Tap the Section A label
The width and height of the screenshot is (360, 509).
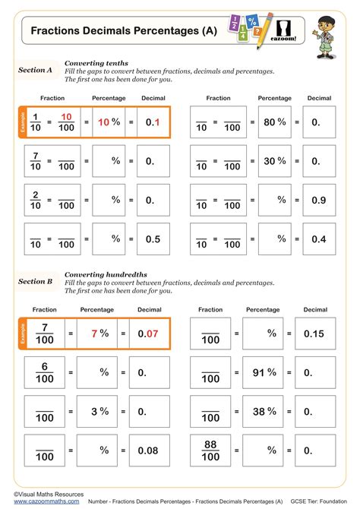point(35,70)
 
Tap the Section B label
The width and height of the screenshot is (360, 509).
point(35,281)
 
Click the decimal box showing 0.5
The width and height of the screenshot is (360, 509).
point(153,239)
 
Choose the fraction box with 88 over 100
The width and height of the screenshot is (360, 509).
point(210,451)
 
